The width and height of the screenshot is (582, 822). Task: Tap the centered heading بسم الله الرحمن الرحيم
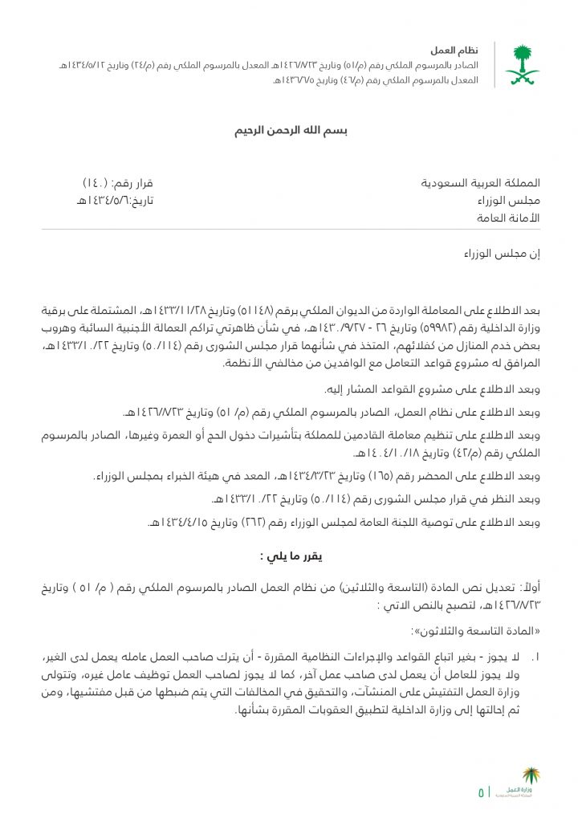click(291, 129)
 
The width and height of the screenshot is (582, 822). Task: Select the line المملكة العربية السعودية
click(481, 183)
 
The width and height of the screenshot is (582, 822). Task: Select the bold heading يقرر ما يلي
click(291, 555)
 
